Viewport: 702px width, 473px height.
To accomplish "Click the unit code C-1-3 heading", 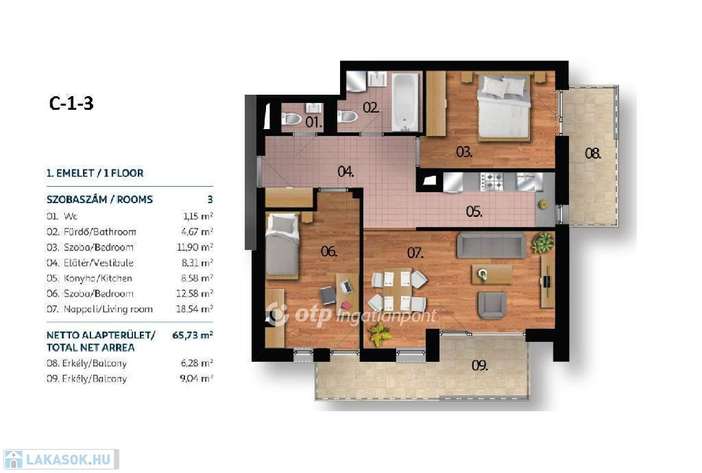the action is point(71,104).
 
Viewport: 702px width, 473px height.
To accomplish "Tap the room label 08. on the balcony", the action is point(593,154).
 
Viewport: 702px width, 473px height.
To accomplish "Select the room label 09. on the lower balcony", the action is point(479,366).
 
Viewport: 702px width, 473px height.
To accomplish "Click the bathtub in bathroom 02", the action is point(405,102).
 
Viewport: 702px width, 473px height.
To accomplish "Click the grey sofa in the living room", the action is point(491,245).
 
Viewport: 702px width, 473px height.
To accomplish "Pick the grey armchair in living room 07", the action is point(492,305).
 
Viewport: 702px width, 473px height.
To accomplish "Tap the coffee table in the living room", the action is point(492,274).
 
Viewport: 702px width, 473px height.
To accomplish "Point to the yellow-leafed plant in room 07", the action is point(379,334).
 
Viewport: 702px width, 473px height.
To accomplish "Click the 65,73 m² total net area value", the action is point(193,335).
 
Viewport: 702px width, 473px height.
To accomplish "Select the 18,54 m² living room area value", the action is point(194,309).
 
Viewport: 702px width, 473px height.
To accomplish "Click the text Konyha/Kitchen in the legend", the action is point(97,279).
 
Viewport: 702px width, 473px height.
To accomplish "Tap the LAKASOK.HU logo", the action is point(61,459).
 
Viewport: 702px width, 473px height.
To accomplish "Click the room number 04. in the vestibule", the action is point(346,172).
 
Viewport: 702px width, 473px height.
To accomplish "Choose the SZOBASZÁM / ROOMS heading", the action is point(100,200).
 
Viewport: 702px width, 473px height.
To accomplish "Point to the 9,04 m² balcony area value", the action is point(196,378).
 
